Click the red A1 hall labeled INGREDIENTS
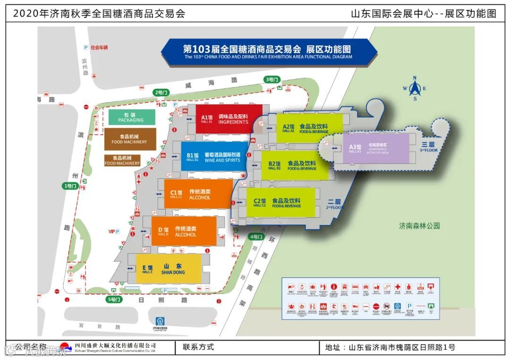(229, 119)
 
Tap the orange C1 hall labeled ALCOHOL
(198, 194)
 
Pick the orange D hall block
(184, 231)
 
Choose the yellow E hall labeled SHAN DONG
(169, 269)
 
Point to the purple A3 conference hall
(372, 148)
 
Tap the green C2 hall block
(280, 202)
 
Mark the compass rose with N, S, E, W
(415, 88)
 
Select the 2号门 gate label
(161, 92)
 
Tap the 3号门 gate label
(272, 80)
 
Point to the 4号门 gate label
(255, 236)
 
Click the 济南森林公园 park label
(419, 226)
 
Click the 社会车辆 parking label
(97, 47)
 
